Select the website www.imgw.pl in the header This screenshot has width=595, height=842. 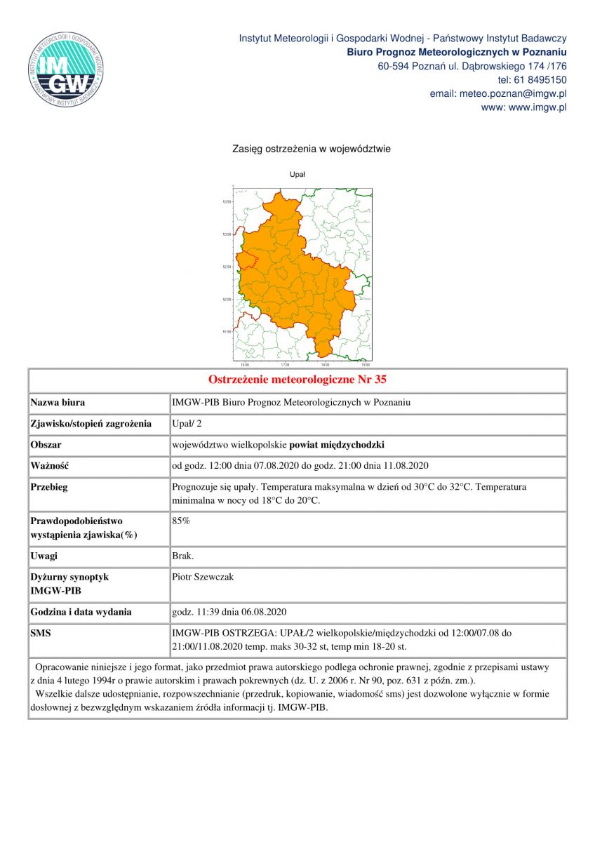(x=537, y=108)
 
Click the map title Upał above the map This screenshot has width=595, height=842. (x=297, y=174)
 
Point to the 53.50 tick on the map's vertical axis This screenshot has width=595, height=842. (x=227, y=201)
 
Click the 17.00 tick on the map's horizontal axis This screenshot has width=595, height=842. (x=285, y=366)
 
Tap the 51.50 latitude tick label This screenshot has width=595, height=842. (x=227, y=332)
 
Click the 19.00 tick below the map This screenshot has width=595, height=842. (x=366, y=366)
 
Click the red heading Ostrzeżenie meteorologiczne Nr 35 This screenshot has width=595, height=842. (x=297, y=380)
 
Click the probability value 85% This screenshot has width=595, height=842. (x=181, y=521)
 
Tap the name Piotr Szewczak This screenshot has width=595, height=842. (x=203, y=577)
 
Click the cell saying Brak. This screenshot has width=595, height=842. (x=183, y=556)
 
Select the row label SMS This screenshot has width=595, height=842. (x=41, y=633)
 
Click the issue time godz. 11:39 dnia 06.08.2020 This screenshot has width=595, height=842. (x=229, y=612)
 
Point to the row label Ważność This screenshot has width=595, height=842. (x=50, y=466)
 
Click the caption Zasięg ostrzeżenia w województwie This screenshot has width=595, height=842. (x=312, y=149)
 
